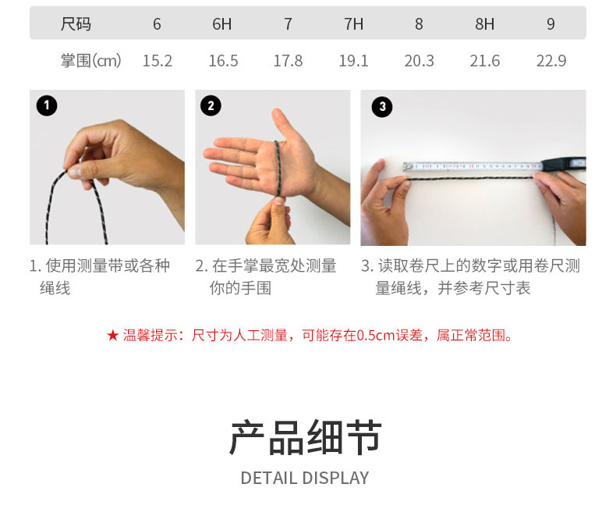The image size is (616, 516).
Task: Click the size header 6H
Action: click(x=222, y=24)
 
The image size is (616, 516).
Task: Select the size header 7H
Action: click(x=354, y=24)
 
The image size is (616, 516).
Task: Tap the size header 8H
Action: click(x=485, y=24)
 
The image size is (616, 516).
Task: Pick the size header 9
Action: click(x=551, y=24)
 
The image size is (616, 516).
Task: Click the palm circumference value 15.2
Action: click(x=158, y=61)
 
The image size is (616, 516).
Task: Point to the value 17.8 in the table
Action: click(x=288, y=61)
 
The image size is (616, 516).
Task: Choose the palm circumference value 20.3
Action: click(x=420, y=61)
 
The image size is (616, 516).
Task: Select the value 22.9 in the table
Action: click(x=551, y=61)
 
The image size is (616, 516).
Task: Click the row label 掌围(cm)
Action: click(x=90, y=61)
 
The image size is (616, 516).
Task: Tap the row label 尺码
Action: click(x=76, y=24)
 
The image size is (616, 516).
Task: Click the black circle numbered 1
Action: click(x=47, y=105)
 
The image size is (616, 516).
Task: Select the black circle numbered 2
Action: click(x=211, y=105)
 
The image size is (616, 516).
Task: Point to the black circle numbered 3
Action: click(x=382, y=107)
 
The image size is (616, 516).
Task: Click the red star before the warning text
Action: click(x=113, y=336)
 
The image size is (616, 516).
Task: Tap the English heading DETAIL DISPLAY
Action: click(x=305, y=479)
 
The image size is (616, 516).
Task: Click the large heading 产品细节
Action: click(x=306, y=437)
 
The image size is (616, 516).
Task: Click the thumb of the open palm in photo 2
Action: click(x=284, y=126)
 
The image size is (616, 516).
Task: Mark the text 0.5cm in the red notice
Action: click(x=375, y=336)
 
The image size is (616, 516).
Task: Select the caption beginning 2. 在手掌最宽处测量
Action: click(x=266, y=277)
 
